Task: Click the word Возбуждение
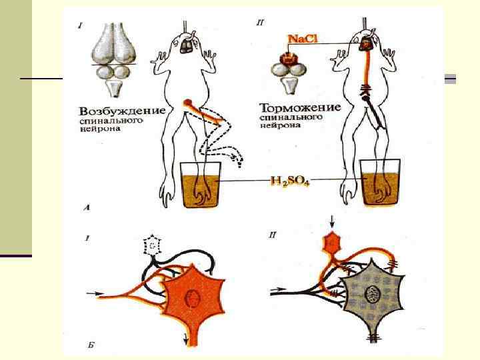tap(122, 110)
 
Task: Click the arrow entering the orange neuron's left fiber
tap(93, 293)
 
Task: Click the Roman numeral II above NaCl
tap(260, 23)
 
